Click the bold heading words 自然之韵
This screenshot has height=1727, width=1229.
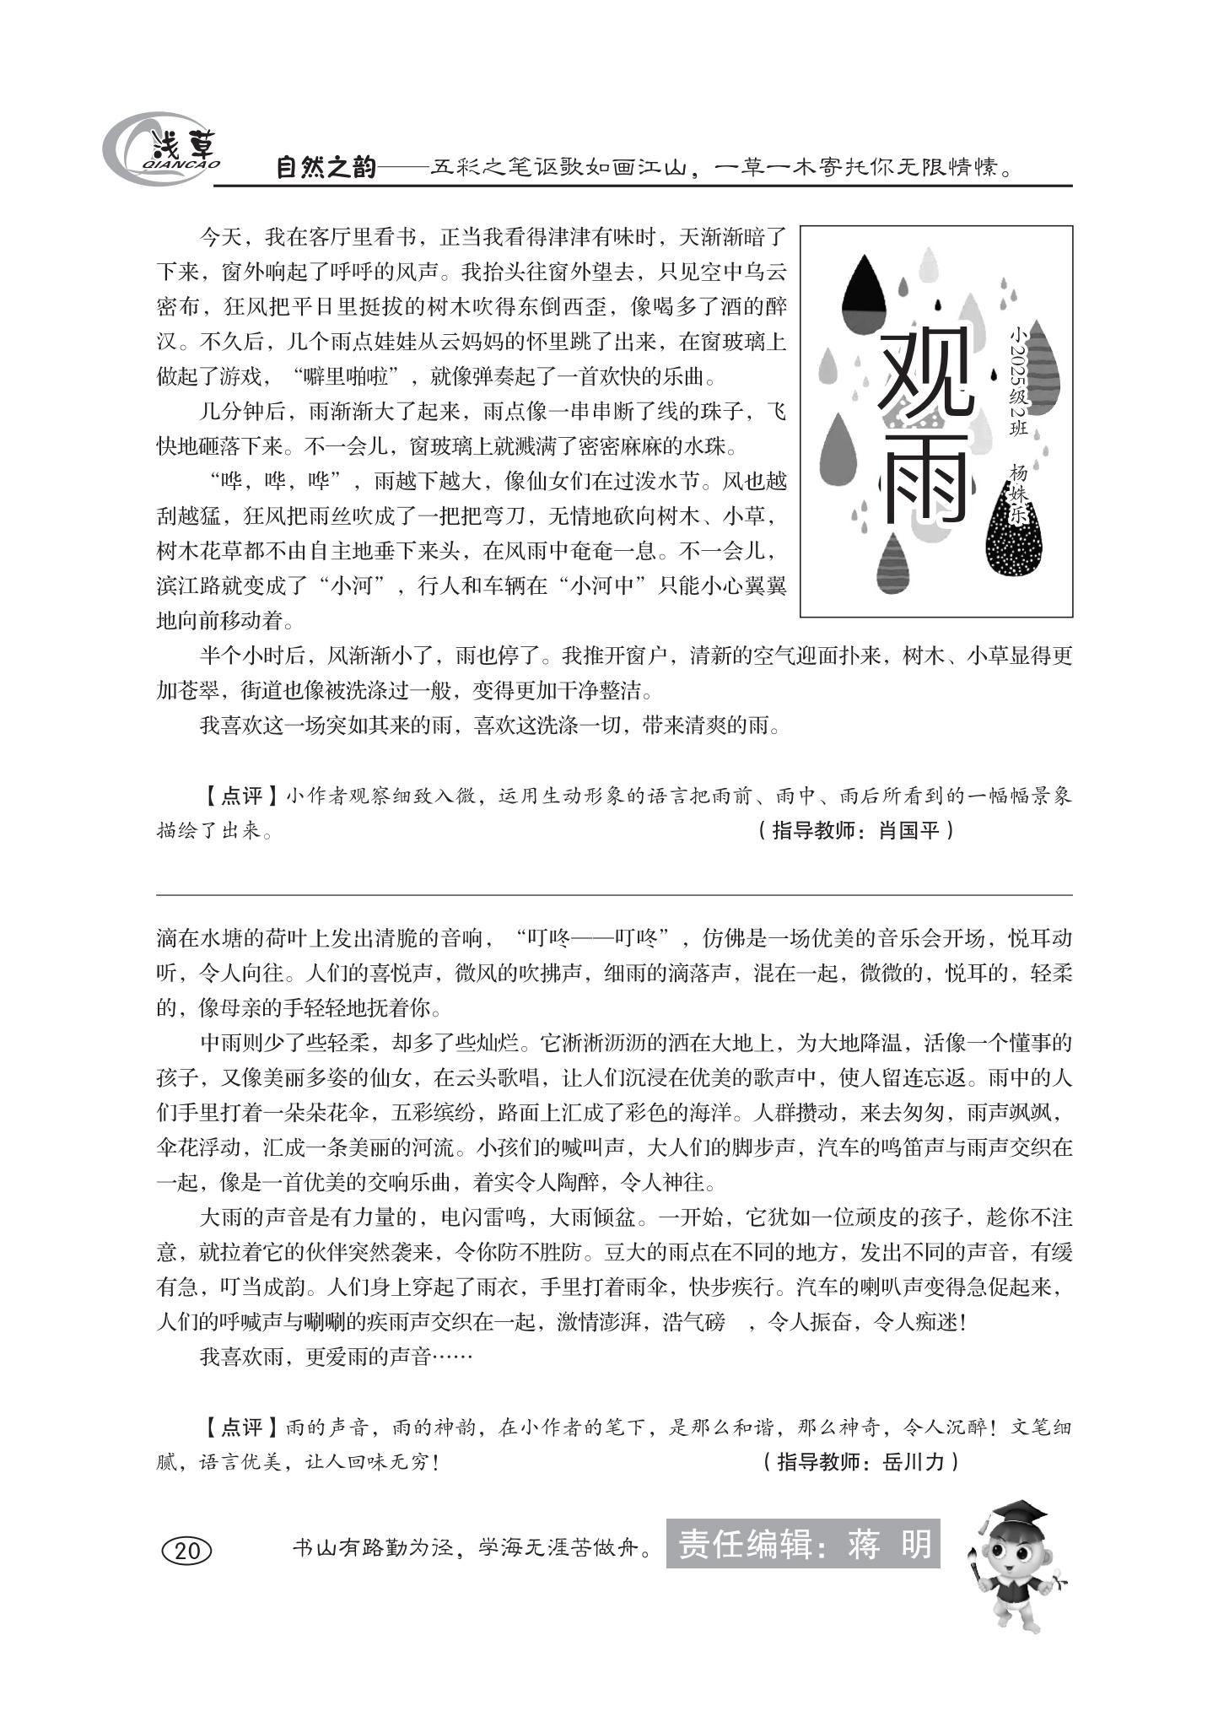coord(326,167)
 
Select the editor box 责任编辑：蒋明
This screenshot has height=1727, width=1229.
coord(802,1544)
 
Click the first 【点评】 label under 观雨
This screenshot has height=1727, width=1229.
coord(240,796)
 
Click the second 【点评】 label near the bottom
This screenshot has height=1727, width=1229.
coord(240,1427)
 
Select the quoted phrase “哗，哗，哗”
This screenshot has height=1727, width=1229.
coord(278,482)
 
